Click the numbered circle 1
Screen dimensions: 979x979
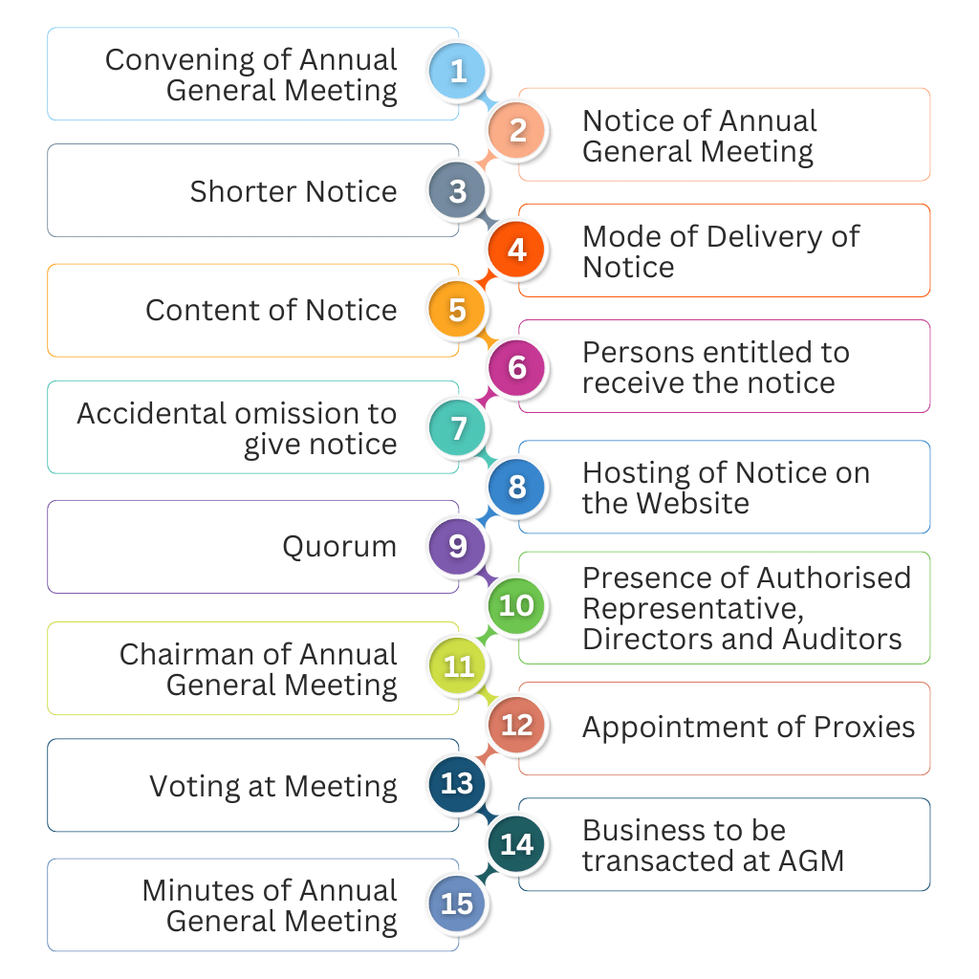pos(458,72)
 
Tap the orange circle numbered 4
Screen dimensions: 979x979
pos(517,250)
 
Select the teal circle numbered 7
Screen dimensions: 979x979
pos(458,427)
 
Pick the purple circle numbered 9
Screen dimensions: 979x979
pos(458,546)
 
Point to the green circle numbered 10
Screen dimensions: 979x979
pos(517,605)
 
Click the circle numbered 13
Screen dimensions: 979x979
pos(458,784)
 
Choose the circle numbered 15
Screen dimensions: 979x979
pos(458,903)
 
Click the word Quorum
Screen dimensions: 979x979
pos(339,547)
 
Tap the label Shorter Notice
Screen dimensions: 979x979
pos(293,191)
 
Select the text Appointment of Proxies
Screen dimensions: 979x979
pos(748,727)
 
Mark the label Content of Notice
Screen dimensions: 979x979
pos(271,310)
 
